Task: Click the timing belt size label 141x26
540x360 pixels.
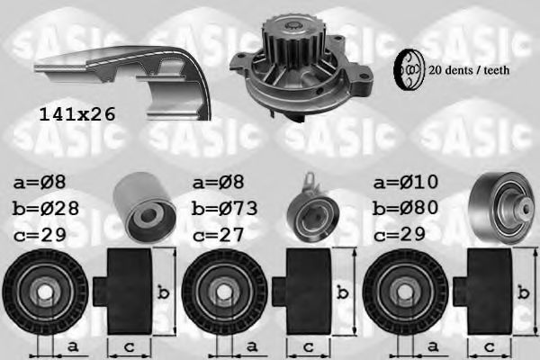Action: tap(78, 114)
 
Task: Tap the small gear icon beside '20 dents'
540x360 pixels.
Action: tap(409, 69)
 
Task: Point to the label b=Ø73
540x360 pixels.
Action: tap(225, 208)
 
